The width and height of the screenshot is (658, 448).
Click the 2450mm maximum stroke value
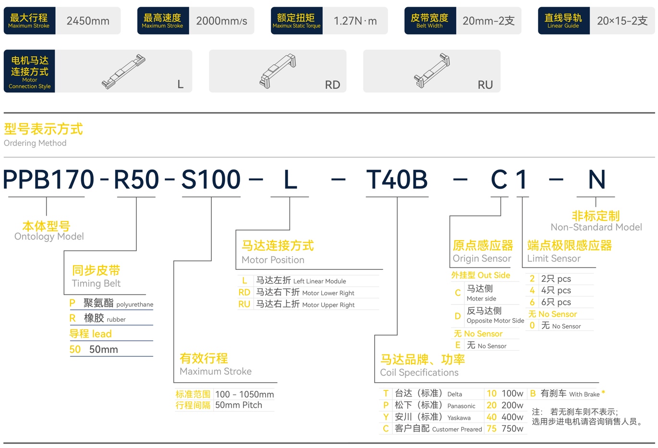pos(88,21)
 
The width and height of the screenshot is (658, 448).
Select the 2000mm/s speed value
pos(221,21)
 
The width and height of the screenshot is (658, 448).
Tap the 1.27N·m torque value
pos(355,21)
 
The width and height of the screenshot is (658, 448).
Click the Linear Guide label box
pos(564,21)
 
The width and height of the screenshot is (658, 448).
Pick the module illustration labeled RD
pos(278,71)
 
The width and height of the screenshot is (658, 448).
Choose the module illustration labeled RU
pos(432,71)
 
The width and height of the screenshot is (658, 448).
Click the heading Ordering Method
pos(35,143)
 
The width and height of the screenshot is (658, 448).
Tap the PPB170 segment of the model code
pos(49,179)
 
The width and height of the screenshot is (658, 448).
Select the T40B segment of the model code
pos(397,179)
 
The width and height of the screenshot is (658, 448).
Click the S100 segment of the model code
pos(211,179)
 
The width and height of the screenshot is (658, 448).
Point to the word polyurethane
pos(135,304)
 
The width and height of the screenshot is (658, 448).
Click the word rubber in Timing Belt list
pos(116,319)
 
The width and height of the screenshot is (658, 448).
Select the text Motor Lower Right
pos(328,293)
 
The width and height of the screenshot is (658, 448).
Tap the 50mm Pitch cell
pos(239,405)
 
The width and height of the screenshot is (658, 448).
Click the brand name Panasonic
pos(461,406)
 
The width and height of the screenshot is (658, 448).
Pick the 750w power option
pos(512,429)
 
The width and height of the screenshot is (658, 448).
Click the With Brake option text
pos(584,394)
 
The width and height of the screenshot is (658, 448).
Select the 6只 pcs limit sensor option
pos(556,302)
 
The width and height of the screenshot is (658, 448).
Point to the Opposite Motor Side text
pos(495,320)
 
